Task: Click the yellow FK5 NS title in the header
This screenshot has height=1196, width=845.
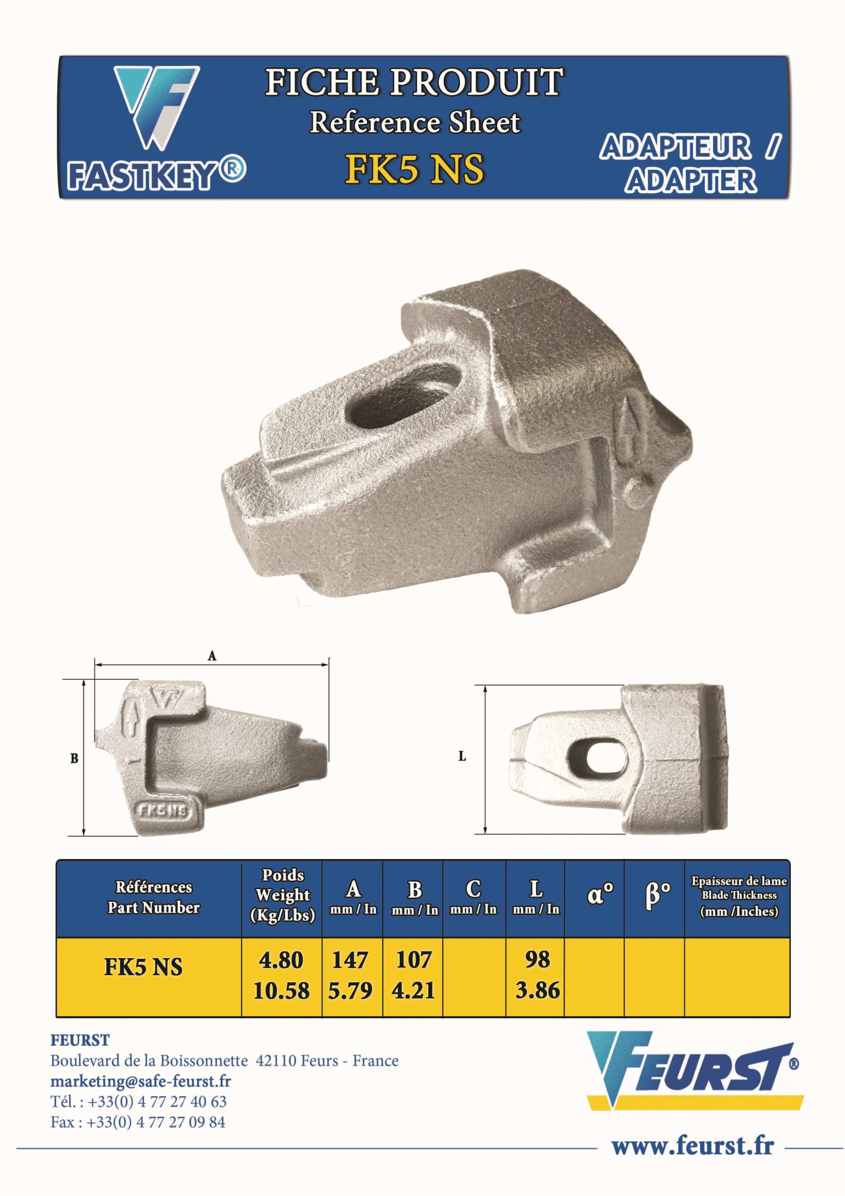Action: (x=415, y=169)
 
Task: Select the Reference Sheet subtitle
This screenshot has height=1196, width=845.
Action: (x=415, y=122)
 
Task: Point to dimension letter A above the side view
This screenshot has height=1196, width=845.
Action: (x=212, y=656)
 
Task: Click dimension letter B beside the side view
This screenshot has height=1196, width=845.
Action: (x=74, y=758)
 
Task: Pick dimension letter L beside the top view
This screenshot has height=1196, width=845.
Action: (x=462, y=756)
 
